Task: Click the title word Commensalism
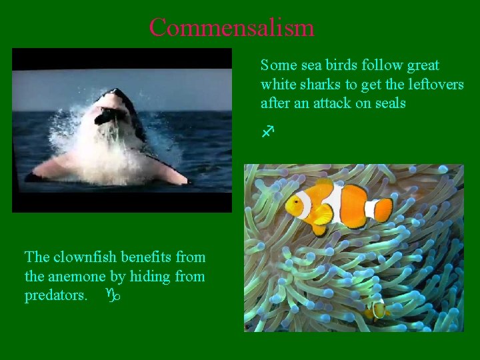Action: point(231,28)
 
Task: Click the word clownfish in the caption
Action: point(81,257)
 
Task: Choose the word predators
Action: point(55,295)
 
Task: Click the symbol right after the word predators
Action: point(112,294)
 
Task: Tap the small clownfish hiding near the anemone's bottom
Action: point(378,309)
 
